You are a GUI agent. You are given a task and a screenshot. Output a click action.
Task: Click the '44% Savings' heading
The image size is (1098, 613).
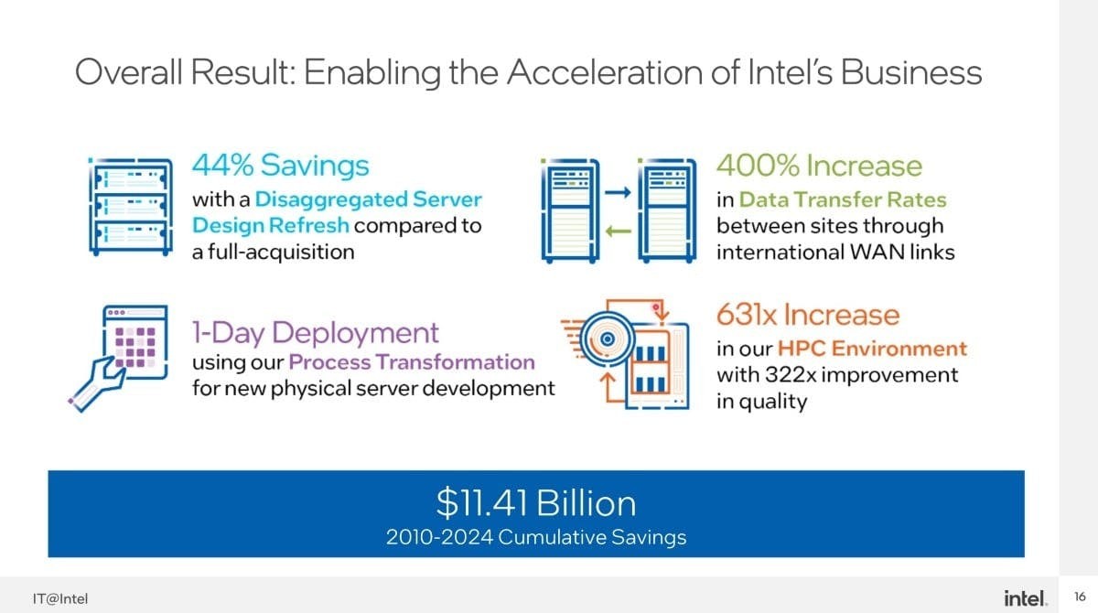tap(280, 166)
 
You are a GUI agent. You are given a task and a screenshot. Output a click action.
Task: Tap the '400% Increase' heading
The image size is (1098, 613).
tap(819, 166)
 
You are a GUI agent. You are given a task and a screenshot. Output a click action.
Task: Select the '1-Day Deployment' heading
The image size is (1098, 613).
tap(315, 331)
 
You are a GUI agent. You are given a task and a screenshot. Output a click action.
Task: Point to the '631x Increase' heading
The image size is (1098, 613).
tap(807, 315)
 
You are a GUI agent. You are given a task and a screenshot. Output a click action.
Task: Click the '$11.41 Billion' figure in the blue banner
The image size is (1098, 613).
tap(535, 503)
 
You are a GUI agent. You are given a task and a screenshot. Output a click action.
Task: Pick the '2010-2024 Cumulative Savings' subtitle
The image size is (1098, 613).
tap(535, 537)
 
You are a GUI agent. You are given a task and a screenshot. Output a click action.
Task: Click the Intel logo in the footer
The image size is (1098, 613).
tap(1024, 598)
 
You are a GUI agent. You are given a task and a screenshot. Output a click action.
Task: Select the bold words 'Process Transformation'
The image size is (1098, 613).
tap(412, 362)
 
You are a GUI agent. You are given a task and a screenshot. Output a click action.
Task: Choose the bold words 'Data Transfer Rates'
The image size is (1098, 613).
tap(842, 199)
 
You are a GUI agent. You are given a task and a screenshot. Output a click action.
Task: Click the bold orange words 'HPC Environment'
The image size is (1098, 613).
tap(872, 349)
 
